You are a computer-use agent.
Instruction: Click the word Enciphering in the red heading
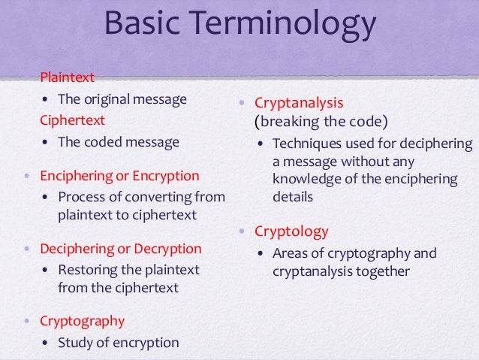pyautogui.click(x=76, y=176)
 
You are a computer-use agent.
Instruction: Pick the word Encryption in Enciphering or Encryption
pyautogui.click(x=166, y=176)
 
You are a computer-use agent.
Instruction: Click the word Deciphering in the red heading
pyautogui.click(x=75, y=248)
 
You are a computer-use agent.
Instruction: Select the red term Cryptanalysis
pyautogui.click(x=299, y=101)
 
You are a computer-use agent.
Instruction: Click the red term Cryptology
pyautogui.click(x=291, y=231)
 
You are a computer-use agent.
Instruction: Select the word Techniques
pyautogui.click(x=306, y=143)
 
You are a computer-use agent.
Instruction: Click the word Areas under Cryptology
pyautogui.click(x=291, y=253)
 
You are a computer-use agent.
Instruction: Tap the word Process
pyautogui.click(x=81, y=198)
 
